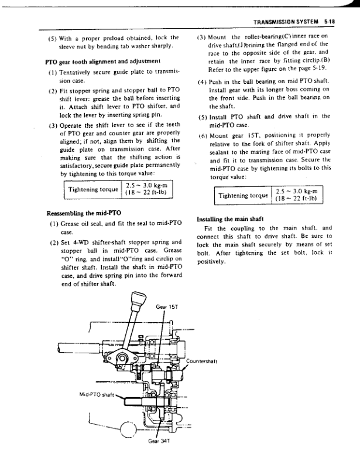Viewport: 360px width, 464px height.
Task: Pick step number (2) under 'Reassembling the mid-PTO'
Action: click(53, 242)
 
